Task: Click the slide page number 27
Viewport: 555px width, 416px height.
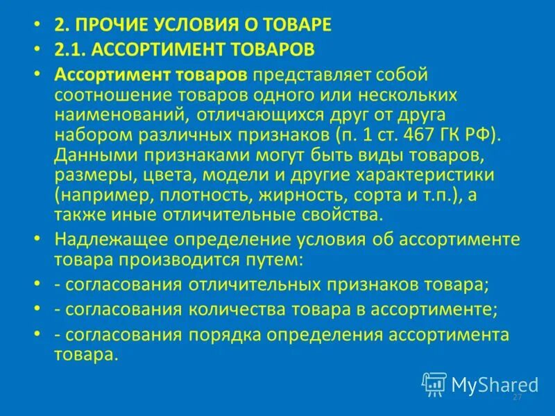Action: [516, 397]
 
